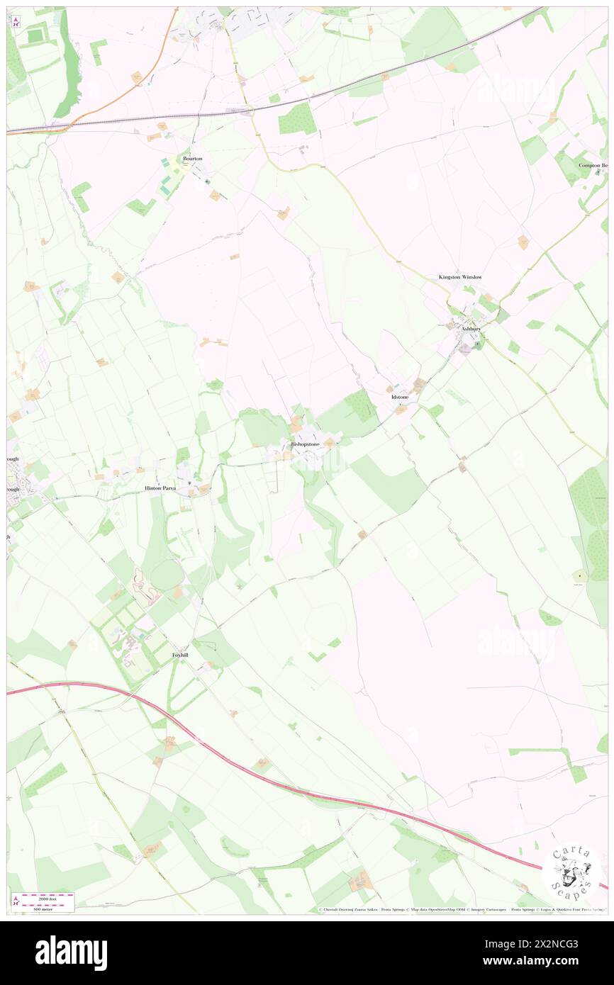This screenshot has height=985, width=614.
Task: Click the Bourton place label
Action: (192, 159)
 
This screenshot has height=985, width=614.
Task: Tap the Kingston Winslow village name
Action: (459, 277)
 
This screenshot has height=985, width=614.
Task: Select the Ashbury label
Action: (471, 329)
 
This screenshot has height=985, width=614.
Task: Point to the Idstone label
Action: (400, 397)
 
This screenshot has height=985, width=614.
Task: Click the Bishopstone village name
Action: (305, 444)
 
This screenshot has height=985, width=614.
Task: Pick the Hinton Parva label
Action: (160, 488)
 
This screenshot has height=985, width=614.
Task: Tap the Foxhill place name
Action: (180, 655)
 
